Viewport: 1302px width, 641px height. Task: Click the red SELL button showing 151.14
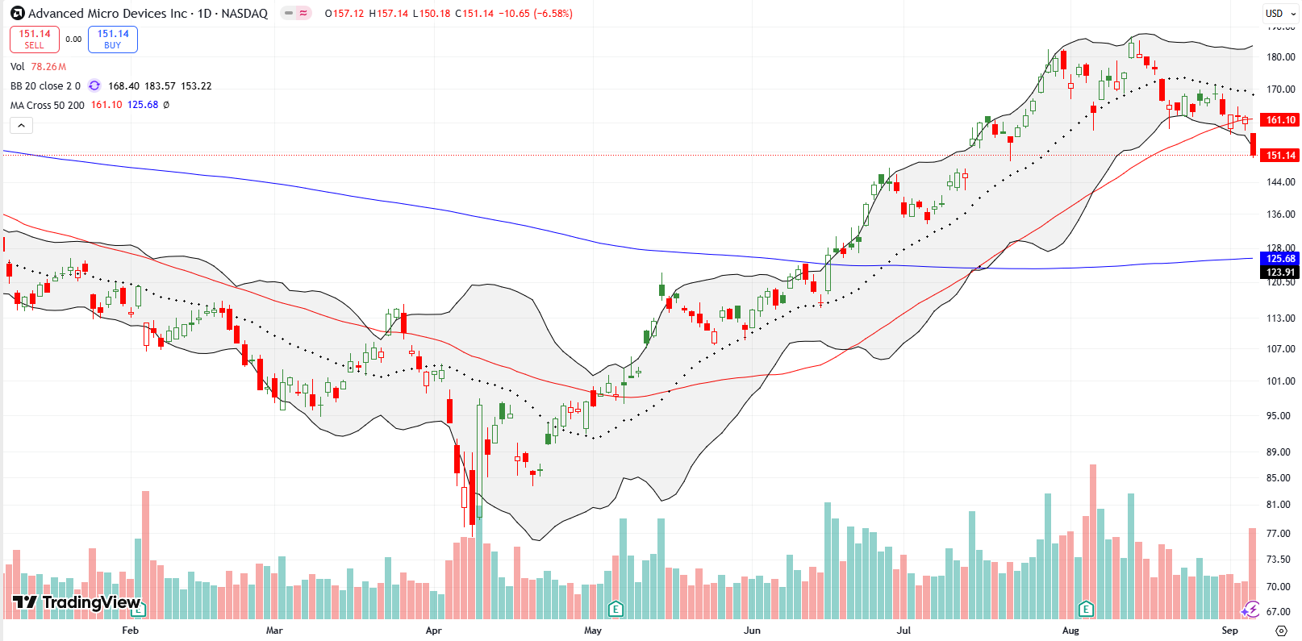point(34,39)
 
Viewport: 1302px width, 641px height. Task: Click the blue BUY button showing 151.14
point(113,39)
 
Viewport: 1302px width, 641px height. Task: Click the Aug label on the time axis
point(1070,631)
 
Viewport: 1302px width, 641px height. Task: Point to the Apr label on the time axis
point(433,631)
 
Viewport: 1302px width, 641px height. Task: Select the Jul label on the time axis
point(903,631)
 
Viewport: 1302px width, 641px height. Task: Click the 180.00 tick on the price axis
point(1280,57)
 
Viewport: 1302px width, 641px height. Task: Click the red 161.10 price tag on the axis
point(1280,120)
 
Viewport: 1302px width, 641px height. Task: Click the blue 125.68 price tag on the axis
point(1280,259)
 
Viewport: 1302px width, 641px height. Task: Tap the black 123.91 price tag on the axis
point(1280,273)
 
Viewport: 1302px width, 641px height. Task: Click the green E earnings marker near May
point(616,609)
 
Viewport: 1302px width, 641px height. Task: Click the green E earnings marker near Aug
point(1086,609)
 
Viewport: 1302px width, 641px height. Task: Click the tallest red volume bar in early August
point(1093,540)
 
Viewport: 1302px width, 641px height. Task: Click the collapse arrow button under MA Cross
point(21,125)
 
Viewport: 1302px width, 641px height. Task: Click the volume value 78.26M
point(48,67)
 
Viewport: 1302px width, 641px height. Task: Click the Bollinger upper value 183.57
point(160,86)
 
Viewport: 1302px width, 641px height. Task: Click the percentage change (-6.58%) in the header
point(553,14)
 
